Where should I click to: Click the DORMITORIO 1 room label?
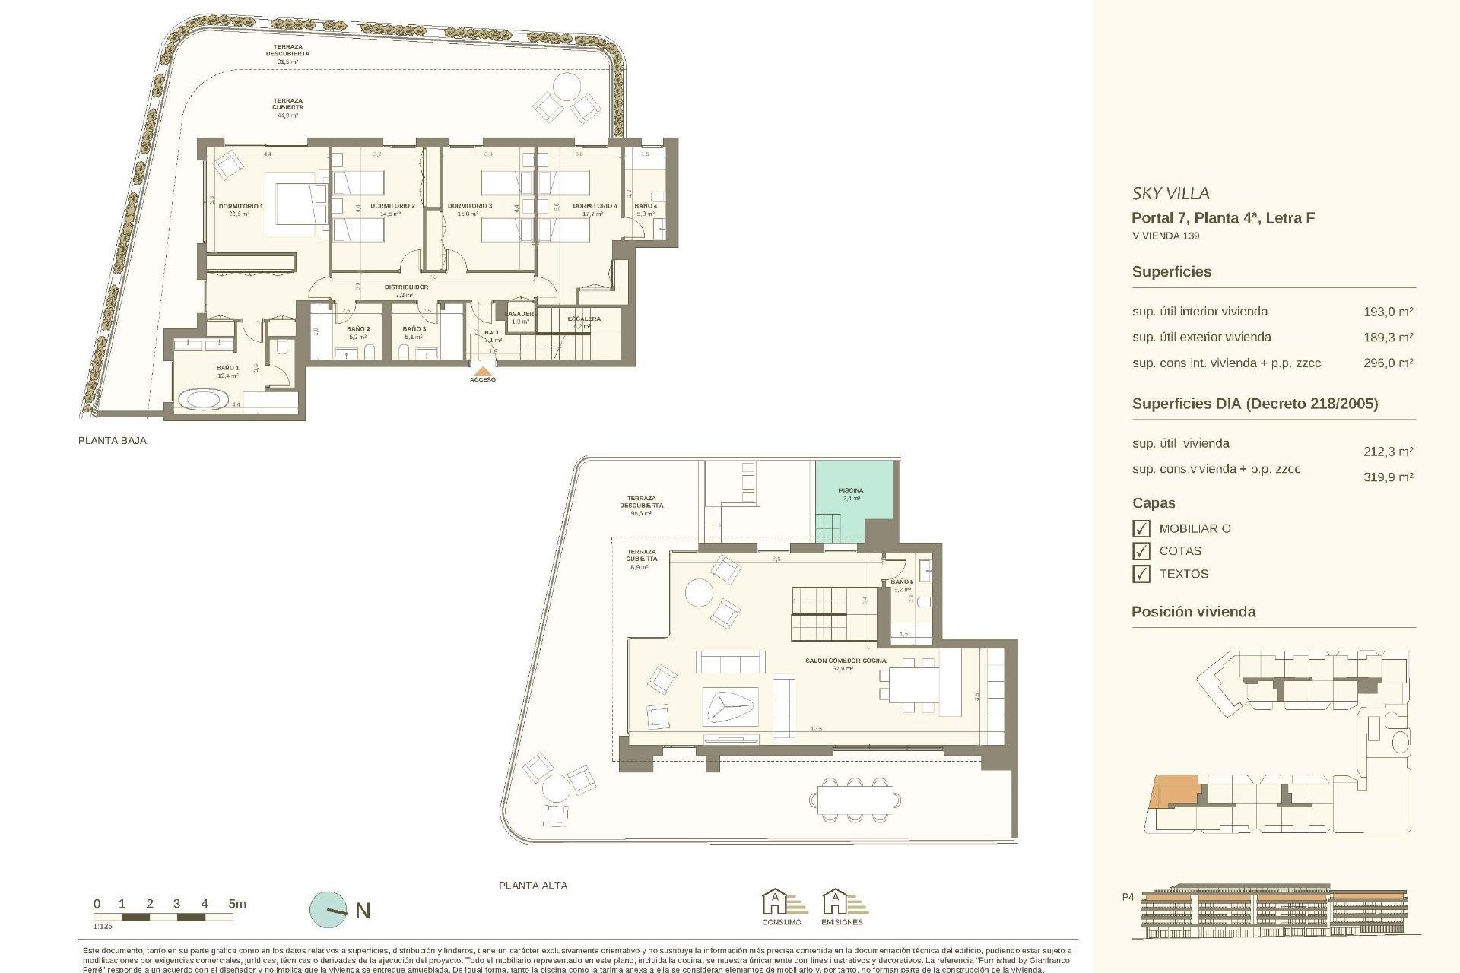[240, 206]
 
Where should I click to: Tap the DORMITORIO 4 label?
[595, 206]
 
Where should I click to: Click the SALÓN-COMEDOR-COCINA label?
[846, 661]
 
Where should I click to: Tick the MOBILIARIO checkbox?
[1141, 528]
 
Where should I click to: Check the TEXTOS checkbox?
[1141, 574]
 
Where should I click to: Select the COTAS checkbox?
[1141, 551]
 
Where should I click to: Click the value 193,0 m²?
[1388, 312]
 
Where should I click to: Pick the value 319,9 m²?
[1388, 477]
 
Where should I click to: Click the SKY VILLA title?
[1170, 194]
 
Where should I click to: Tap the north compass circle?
[328, 910]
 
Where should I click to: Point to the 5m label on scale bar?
[237, 904]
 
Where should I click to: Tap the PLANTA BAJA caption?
[113, 440]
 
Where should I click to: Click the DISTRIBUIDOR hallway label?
[406, 287]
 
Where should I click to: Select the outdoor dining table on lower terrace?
[855, 800]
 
